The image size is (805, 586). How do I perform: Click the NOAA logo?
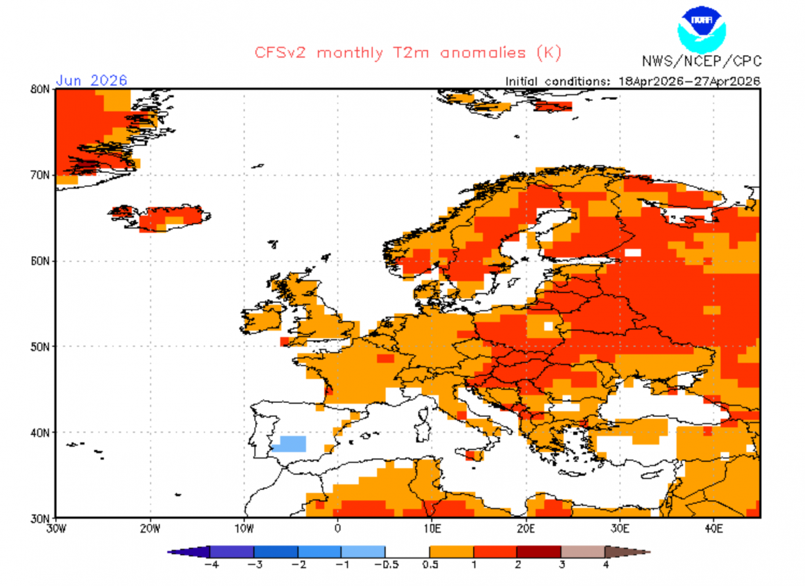(x=702, y=30)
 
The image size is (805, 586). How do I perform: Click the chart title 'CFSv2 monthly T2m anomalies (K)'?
(x=408, y=53)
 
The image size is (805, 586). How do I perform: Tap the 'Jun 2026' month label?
(x=92, y=80)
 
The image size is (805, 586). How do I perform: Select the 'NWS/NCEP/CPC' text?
(x=702, y=61)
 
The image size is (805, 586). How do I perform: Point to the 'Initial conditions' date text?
(x=633, y=81)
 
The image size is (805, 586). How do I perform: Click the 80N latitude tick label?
(x=40, y=89)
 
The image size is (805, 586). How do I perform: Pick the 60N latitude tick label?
(x=40, y=261)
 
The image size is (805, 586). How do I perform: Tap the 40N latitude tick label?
(x=40, y=432)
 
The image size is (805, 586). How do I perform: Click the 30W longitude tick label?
(x=56, y=529)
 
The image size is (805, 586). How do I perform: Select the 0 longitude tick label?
(x=337, y=529)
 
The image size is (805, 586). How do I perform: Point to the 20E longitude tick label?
(x=526, y=529)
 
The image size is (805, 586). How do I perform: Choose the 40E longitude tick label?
(x=714, y=529)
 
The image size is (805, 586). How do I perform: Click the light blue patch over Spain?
(x=290, y=444)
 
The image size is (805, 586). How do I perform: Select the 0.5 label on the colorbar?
(x=430, y=565)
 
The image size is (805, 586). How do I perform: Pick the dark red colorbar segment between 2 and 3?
(x=539, y=552)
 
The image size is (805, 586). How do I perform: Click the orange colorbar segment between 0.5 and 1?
(x=451, y=552)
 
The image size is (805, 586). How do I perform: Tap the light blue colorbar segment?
(x=364, y=552)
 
